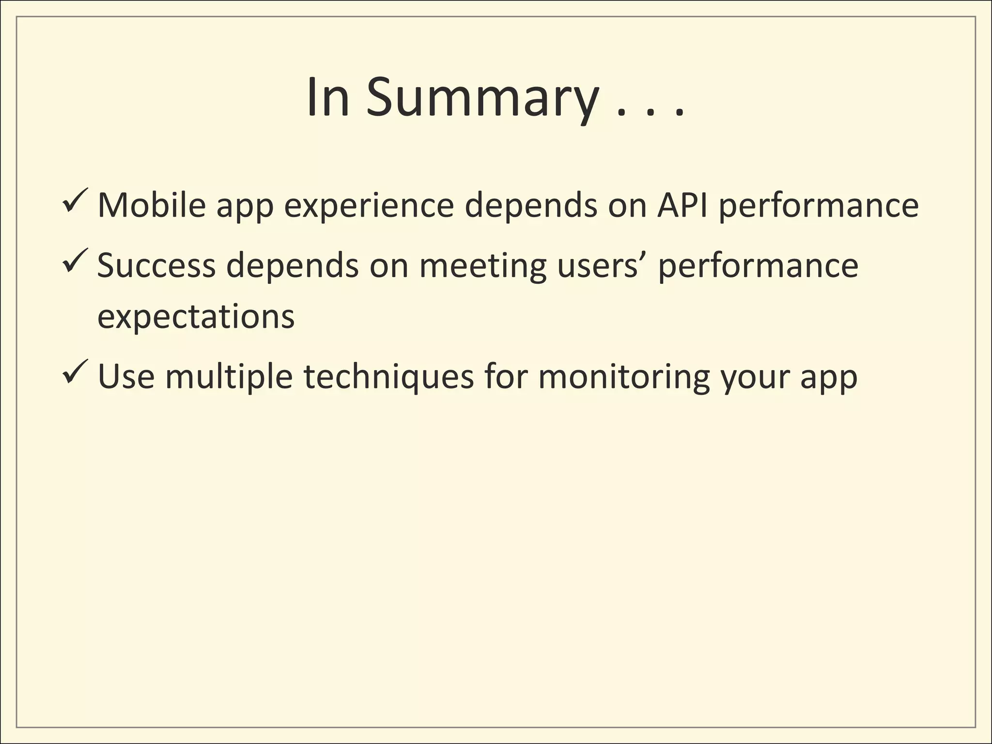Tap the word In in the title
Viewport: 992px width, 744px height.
pos(328,98)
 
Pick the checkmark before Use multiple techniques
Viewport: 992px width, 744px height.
pos(75,372)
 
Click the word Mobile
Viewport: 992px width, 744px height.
pos(152,205)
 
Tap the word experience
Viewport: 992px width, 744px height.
pos(369,205)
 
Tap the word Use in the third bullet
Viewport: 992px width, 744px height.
pos(126,377)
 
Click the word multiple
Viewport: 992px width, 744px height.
pos(229,377)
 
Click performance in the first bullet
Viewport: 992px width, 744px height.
pos(818,205)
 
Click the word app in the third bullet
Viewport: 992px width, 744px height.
pos(829,377)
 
